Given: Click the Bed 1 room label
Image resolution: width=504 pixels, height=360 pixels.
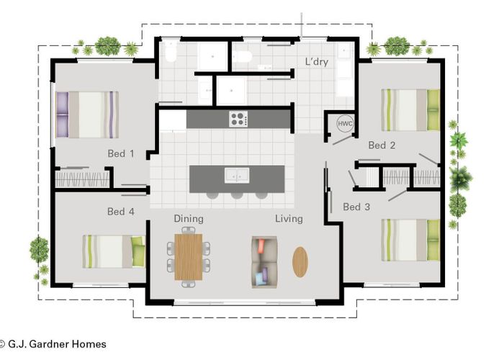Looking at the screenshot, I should (121, 153).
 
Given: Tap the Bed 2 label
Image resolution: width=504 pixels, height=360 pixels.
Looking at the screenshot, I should (382, 145).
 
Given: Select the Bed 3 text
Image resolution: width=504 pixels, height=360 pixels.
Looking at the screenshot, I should (356, 207).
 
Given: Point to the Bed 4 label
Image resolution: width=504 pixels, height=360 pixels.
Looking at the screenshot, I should (121, 212).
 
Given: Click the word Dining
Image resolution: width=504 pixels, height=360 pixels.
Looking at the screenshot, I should (189, 219).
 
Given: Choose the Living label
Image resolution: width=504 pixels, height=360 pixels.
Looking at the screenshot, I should (288, 219).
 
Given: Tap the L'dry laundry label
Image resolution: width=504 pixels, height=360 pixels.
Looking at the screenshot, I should (316, 62).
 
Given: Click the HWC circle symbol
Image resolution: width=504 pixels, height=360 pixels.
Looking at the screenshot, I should (344, 124).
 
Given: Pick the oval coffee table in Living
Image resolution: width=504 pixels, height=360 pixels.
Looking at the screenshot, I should (300, 261).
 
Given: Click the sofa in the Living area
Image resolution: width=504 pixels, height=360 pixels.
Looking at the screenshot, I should (264, 261).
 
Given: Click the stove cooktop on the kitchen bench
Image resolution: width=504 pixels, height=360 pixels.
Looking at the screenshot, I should (238, 119).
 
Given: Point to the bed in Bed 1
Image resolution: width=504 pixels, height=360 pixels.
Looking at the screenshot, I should (87, 114).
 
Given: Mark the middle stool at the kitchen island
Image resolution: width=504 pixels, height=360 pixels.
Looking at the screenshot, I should (237, 194).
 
